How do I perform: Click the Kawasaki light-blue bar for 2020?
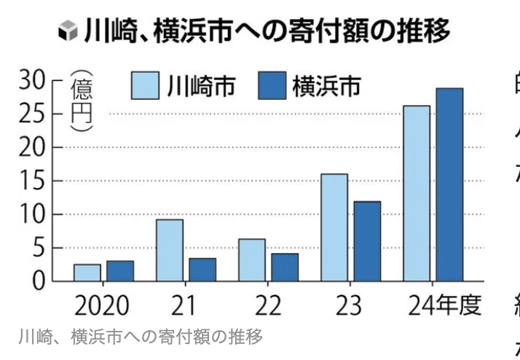(87, 273)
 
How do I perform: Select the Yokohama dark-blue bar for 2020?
(119, 270)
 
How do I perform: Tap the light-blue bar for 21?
(169, 250)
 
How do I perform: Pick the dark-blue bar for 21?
(202, 269)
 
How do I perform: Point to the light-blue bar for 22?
(251, 259)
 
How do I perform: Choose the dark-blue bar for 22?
(285, 267)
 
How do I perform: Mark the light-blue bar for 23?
(334, 227)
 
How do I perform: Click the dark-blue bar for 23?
(367, 241)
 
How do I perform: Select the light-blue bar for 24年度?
(417, 193)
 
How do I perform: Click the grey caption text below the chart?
(139, 337)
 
